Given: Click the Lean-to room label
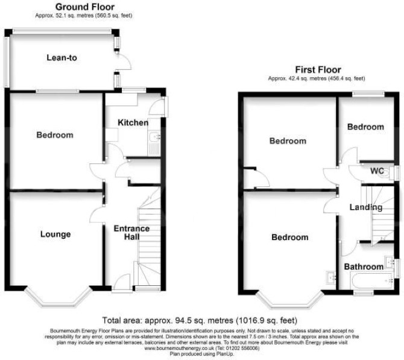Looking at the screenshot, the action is (62, 57).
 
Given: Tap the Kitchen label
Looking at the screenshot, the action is (133, 122).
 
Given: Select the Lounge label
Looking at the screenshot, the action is (55, 234).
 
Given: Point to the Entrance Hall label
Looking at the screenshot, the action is (131, 232).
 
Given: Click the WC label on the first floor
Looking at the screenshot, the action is (377, 171).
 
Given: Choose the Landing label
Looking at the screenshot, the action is (366, 207).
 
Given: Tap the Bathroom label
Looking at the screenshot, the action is (364, 267).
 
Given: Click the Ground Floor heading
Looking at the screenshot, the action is (85, 7).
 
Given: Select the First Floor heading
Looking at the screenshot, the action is (318, 69).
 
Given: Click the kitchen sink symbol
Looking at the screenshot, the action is (154, 144).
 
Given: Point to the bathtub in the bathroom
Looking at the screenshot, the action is (371, 281).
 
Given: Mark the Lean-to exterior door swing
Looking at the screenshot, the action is (124, 62).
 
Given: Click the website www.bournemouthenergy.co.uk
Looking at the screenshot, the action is (179, 348).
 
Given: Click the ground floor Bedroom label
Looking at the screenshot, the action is (55, 135).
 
